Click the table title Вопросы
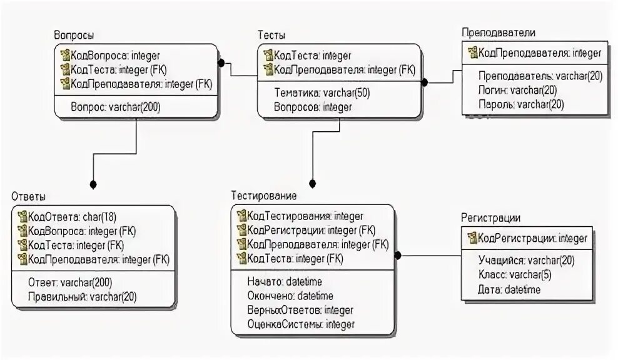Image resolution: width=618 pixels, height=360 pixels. pyautogui.click(x=74, y=36)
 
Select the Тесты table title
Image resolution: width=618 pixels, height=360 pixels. pyautogui.click(x=271, y=36)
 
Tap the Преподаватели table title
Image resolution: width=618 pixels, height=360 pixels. pyautogui.click(x=498, y=32)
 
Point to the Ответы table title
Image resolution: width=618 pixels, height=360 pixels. pyautogui.click(x=28, y=196)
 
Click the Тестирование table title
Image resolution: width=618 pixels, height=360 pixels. pyautogui.click(x=263, y=196)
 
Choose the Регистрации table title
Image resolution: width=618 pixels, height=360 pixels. pyautogui.click(x=491, y=217)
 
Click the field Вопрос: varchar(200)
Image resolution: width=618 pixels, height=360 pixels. pyautogui.click(x=115, y=107)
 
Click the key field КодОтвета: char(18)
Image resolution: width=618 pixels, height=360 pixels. pyautogui.click(x=69, y=217)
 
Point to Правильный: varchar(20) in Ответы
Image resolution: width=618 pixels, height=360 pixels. pyautogui.click(x=82, y=297)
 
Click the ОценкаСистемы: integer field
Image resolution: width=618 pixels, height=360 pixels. pyautogui.click(x=301, y=324)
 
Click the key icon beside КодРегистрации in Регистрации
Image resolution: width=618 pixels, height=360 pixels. pyautogui.click(x=472, y=238)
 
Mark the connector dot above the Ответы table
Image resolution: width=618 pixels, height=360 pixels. pyautogui.click(x=93, y=184)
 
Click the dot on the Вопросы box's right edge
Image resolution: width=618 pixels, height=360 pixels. pyautogui.click(x=220, y=62)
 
